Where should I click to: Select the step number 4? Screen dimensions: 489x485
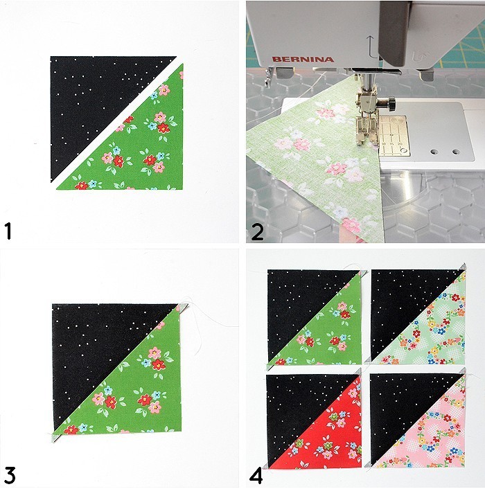[256, 476]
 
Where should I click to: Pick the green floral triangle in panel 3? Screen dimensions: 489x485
[139, 395]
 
